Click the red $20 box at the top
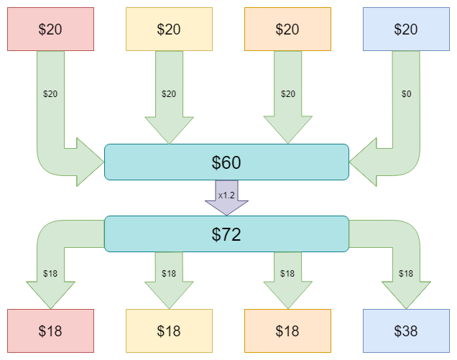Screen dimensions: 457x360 click(51, 29)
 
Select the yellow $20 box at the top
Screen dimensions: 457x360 click(169, 29)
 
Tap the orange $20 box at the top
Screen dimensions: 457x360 click(287, 29)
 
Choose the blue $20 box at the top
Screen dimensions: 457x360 click(406, 29)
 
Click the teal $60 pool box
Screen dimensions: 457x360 click(227, 162)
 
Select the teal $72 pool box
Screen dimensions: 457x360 click(227, 234)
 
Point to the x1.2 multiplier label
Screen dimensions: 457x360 click(226, 195)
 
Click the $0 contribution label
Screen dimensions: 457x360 click(406, 94)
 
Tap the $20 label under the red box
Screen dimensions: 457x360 click(50, 94)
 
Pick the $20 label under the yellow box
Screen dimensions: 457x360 click(169, 94)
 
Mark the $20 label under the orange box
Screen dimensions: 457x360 click(288, 94)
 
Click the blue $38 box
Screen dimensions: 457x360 click(406, 331)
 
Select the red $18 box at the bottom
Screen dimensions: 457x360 click(51, 331)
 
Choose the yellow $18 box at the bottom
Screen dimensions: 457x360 click(169, 331)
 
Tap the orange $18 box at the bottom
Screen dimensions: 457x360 click(287, 331)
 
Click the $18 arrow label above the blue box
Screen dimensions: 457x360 click(406, 274)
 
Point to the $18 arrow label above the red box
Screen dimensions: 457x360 click(50, 274)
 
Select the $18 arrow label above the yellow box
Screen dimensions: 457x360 click(169, 274)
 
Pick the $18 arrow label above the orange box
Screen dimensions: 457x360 click(287, 274)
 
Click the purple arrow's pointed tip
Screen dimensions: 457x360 click(227, 216)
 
